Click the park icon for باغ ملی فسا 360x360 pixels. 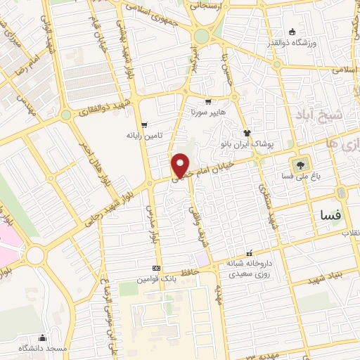click(x=302, y=166)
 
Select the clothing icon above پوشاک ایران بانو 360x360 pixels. click(x=247, y=133)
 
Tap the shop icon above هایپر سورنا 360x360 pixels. click(x=208, y=102)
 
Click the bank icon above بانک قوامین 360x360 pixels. click(x=156, y=268)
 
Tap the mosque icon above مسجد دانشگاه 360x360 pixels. click(x=43, y=337)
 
